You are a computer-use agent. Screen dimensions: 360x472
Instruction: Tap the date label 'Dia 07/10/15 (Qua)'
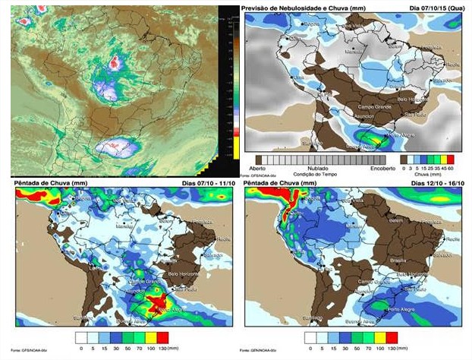point(433,8)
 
